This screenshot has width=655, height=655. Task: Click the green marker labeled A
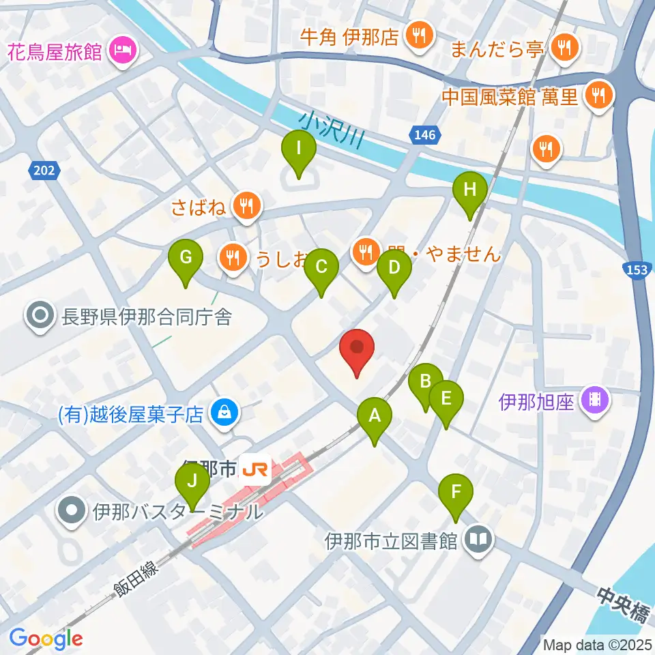tap(374, 416)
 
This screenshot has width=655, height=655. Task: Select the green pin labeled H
tap(469, 190)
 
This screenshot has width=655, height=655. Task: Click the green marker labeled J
tap(193, 482)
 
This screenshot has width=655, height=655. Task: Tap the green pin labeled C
tap(321, 268)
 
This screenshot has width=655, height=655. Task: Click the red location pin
tap(357, 348)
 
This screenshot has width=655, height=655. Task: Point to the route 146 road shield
tap(424, 136)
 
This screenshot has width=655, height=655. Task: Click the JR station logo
tap(257, 470)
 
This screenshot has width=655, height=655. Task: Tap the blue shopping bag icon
tap(222, 413)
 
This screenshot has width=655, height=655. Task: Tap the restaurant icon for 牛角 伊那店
tap(414, 35)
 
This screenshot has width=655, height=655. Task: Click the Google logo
tap(46, 639)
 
